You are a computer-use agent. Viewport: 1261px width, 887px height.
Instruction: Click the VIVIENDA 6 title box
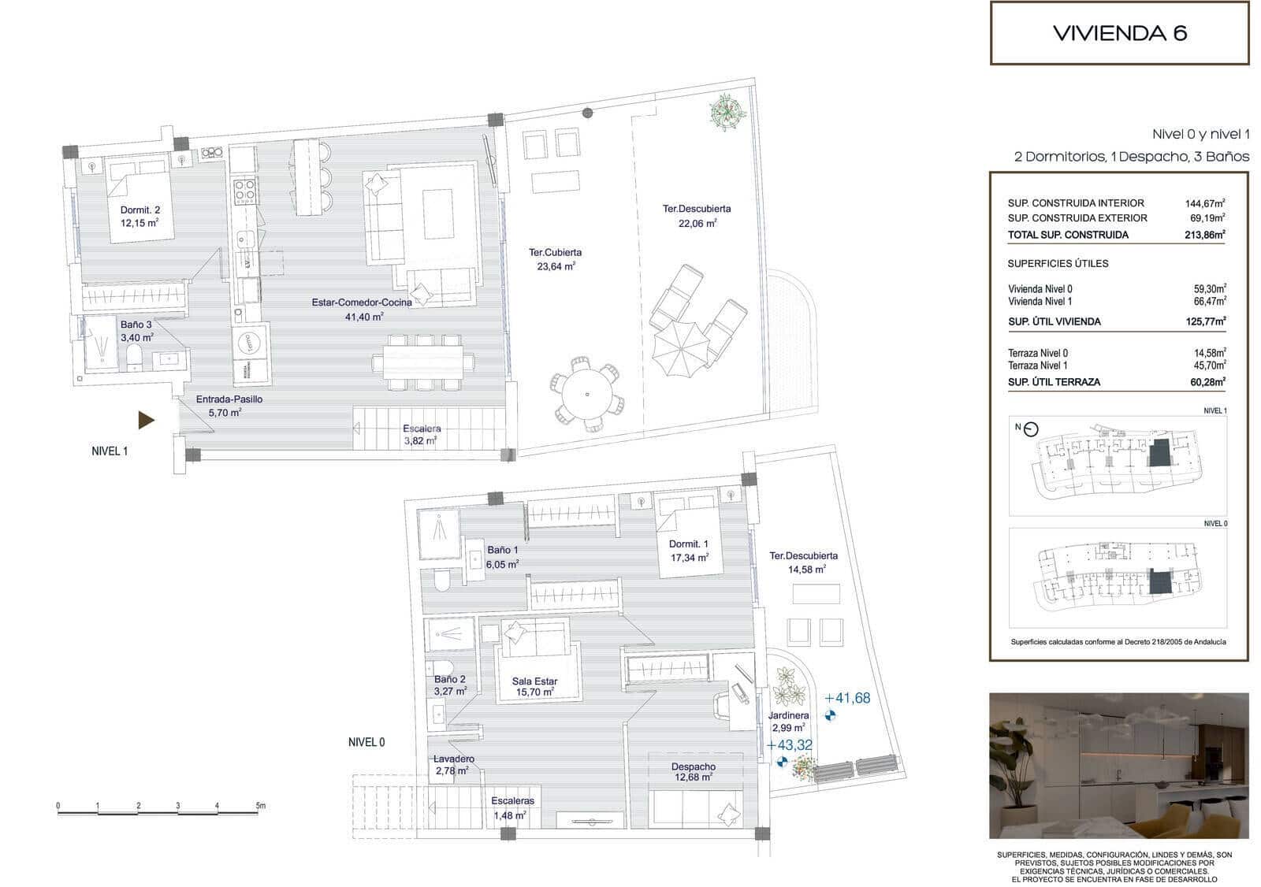coord(1119,33)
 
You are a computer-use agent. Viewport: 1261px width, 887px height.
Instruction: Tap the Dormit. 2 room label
coord(139,210)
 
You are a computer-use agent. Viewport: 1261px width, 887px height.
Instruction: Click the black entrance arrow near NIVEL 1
coord(146,420)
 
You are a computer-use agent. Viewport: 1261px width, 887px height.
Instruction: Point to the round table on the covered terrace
coord(587,393)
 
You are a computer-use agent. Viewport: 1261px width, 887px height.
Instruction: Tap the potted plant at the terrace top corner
coord(727,111)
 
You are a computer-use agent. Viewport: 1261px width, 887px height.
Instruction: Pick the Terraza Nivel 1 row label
coord(1038,366)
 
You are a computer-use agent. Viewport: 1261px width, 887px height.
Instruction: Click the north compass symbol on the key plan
coord(1031,429)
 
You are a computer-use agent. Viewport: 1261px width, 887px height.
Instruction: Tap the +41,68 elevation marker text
coord(847,698)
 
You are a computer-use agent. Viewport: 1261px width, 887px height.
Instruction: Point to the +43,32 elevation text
coord(789,744)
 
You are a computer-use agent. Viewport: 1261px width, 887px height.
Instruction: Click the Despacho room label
coord(694,766)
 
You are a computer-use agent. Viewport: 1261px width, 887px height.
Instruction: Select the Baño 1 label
coord(502,550)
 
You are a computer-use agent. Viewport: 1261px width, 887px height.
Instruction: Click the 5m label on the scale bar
coord(261,806)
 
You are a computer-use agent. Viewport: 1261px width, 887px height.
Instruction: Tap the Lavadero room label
coord(453,759)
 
